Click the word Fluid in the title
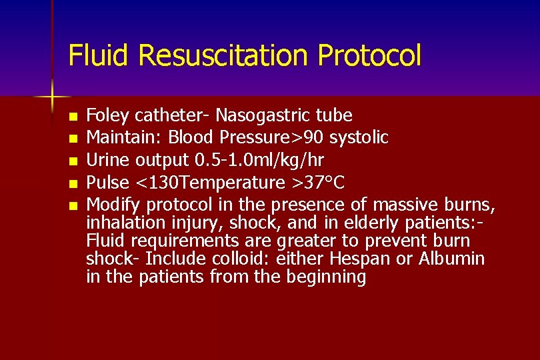click(93, 55)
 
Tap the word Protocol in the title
click(370, 55)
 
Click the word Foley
click(109, 116)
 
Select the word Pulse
click(107, 182)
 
